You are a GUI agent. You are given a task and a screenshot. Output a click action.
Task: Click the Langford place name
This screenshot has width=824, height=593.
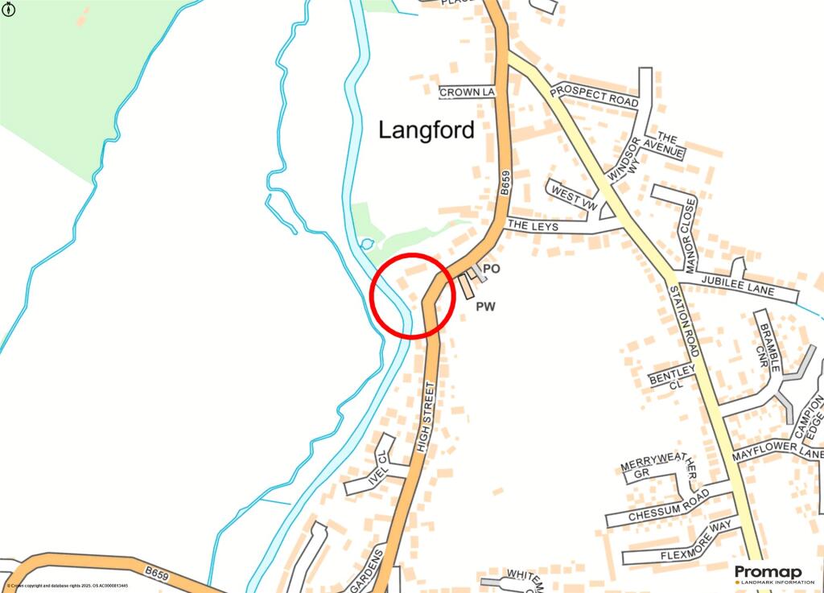point(426,130)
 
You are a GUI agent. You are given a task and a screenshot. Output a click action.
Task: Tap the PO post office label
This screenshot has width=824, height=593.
point(490,269)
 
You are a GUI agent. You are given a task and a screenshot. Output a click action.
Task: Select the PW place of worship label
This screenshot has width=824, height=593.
point(485,306)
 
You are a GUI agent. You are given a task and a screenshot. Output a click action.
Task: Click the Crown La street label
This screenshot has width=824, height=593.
point(466,93)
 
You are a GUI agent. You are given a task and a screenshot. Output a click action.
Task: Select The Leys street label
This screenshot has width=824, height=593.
point(533,227)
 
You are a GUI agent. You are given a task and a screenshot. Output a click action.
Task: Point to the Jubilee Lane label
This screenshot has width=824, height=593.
point(737,286)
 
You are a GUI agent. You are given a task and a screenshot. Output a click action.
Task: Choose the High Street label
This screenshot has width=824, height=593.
point(426,416)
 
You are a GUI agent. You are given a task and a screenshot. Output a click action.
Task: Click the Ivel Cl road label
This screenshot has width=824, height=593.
point(377,472)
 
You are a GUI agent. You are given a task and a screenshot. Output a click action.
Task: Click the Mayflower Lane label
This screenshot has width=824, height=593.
point(777,454)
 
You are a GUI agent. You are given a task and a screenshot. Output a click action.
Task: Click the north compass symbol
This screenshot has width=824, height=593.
point(10,11)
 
